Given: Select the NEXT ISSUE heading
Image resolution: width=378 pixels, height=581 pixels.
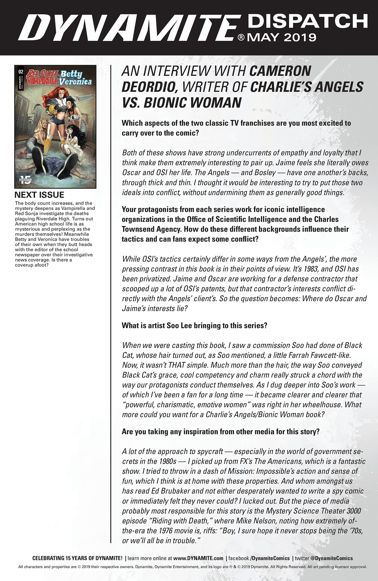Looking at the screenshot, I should pos(39,195).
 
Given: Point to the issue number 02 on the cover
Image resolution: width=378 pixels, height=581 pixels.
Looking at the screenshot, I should pos(21,71).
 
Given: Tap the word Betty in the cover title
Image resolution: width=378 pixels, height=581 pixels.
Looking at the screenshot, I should pos(71,74).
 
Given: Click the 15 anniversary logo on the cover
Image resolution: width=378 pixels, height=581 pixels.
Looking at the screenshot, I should pos(25,180).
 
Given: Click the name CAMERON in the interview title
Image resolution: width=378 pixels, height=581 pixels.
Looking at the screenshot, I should pos(280,71).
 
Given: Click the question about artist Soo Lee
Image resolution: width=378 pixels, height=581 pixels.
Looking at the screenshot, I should pos(194,326).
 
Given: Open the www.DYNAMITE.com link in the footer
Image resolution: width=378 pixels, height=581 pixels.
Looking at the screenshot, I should pos(198,558).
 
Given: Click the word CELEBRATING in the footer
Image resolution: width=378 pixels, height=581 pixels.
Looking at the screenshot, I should pos(48,558).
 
